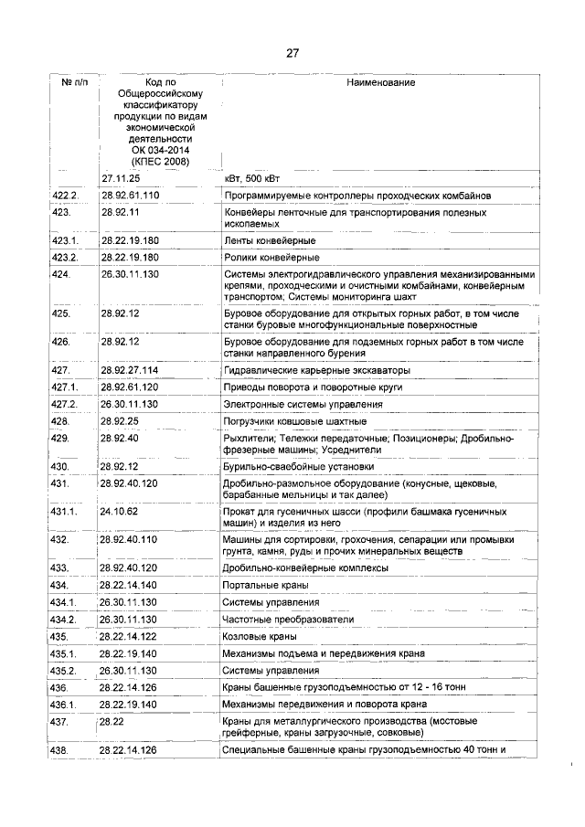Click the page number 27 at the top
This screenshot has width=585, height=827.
292,53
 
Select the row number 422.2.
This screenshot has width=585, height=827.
66,196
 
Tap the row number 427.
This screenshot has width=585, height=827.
61,370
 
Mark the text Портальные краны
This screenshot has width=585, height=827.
266,585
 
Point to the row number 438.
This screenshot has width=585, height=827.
61,751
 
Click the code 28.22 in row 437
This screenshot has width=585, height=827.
112,721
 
